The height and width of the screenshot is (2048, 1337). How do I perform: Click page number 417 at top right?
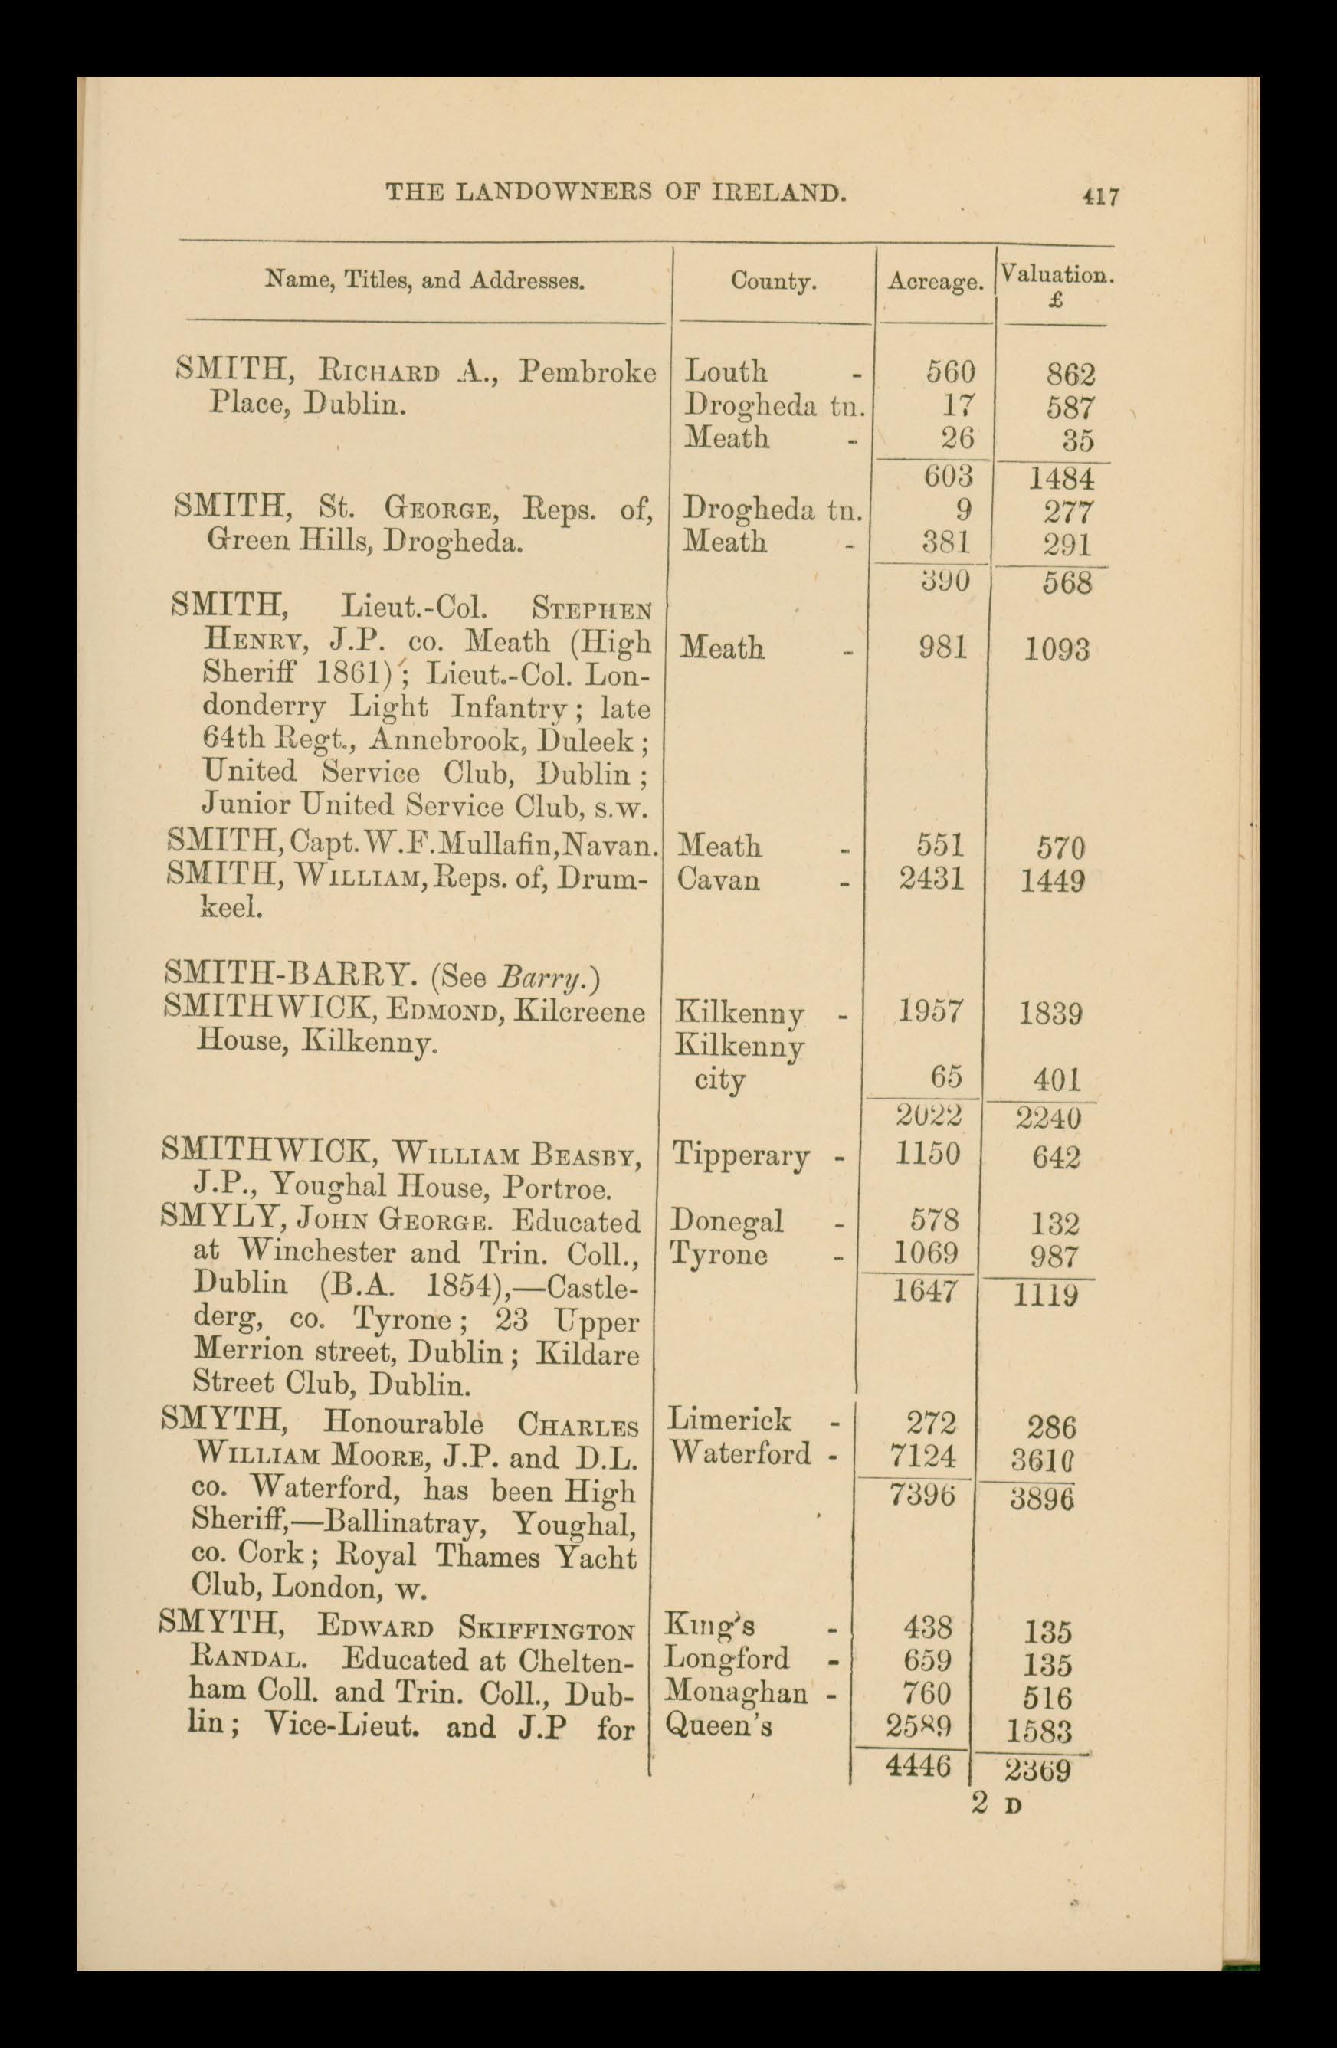(1101, 197)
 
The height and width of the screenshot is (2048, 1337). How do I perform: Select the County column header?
(772, 281)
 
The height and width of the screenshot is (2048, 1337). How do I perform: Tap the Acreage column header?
(936, 281)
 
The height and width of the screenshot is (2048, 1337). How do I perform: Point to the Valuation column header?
(1057, 277)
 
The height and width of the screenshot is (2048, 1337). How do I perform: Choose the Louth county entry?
(726, 372)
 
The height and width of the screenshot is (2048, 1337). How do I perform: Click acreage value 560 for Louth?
(950, 372)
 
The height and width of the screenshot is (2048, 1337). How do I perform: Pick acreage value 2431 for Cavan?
(931, 880)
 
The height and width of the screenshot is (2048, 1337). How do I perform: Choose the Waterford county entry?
(740, 1453)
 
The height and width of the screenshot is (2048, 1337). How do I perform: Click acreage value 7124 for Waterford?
(923, 1455)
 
